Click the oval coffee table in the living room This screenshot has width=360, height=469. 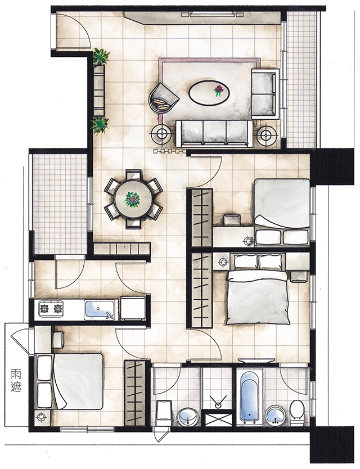209,92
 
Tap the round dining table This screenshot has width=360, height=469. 133,199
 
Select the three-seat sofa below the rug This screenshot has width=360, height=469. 214,133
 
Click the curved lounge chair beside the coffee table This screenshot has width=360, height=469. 163,97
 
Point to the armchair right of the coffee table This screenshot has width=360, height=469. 265,94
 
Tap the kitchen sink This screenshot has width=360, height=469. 100,309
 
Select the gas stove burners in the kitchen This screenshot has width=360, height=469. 51,309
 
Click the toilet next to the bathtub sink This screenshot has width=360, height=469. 298,412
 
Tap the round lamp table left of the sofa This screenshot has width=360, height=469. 163,134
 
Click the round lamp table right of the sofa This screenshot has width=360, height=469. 266,135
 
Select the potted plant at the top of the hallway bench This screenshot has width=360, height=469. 101,56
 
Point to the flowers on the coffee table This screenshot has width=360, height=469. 219,90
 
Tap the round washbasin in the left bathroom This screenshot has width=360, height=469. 188,417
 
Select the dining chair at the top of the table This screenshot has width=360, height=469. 133,175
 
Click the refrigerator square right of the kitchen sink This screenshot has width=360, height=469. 133,308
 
